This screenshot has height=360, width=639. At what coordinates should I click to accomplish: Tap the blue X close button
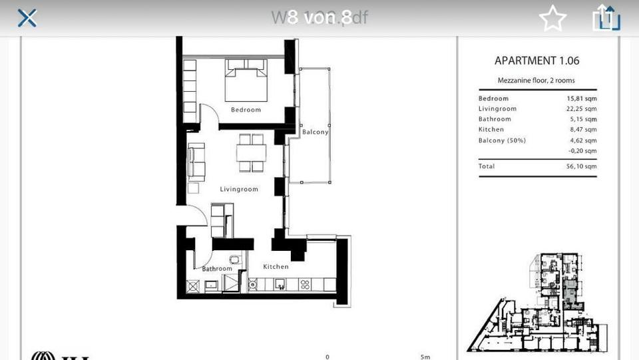pyautogui.click(x=27, y=18)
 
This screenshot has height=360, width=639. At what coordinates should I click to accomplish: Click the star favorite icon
pyautogui.click(x=552, y=19)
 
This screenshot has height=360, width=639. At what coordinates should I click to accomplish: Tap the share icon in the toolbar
pyautogui.click(x=606, y=18)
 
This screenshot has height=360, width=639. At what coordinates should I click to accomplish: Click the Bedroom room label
pyautogui.click(x=246, y=110)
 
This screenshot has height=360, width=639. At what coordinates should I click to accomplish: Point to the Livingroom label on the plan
pyautogui.click(x=239, y=190)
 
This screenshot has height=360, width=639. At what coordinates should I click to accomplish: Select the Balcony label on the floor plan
pyautogui.click(x=315, y=132)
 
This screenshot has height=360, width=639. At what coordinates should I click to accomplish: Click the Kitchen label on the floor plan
pyautogui.click(x=276, y=267)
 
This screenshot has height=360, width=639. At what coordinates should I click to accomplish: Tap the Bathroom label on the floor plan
pyautogui.click(x=217, y=269)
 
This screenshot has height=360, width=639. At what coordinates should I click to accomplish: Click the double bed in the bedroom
pyautogui.click(x=246, y=80)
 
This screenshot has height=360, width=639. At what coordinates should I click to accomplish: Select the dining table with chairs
pyautogui.click(x=251, y=152)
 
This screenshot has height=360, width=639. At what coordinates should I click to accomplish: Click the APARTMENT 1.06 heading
pyautogui.click(x=536, y=61)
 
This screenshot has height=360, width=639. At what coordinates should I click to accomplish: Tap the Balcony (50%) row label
pyautogui.click(x=502, y=140)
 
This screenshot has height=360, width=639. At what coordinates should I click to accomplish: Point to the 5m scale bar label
pyautogui.click(x=425, y=357)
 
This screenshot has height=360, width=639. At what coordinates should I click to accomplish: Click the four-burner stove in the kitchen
pyautogui.click(x=306, y=285)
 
